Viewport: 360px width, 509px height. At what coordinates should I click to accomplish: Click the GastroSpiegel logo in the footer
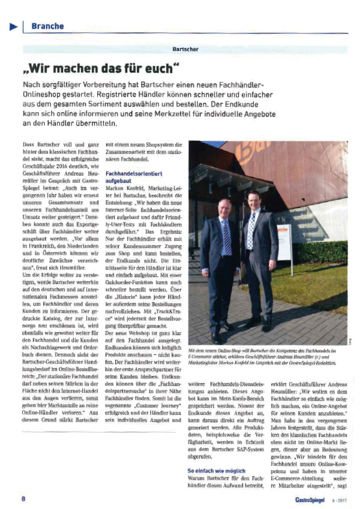click(x=310, y=499)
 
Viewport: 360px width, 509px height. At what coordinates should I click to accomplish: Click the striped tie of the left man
click(x=227, y=236)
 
